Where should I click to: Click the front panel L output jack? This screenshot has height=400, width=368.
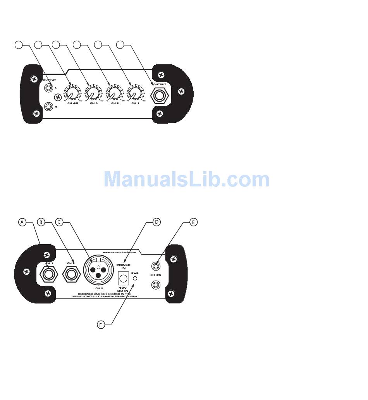click(49, 88)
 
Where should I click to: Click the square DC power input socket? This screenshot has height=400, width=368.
click(123, 278)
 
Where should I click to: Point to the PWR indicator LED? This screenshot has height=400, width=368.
click(134, 278)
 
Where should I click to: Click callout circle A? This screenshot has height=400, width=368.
click(22, 222)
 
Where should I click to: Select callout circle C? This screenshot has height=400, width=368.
click(59, 222)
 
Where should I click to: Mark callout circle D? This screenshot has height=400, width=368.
click(156, 222)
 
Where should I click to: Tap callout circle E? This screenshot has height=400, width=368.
click(194, 222)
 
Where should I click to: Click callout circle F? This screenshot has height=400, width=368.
click(101, 324)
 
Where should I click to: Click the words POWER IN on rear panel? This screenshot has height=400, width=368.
click(123, 267)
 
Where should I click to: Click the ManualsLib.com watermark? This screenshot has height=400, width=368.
click(186, 179)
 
